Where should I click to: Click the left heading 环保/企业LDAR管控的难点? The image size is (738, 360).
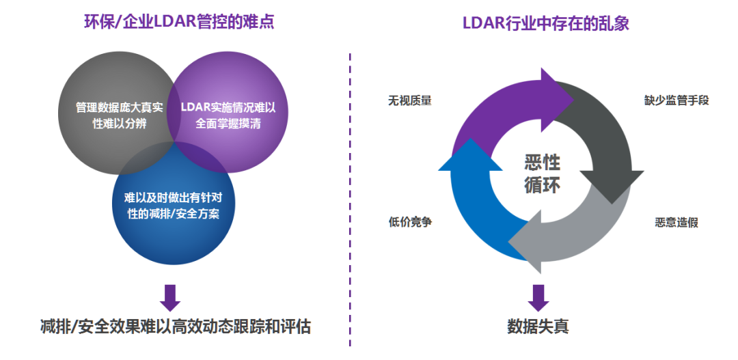178,22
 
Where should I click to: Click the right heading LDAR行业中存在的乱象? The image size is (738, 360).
545,22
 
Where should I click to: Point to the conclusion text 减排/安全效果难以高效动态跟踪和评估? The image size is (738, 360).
176,327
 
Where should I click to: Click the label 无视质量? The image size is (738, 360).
409,100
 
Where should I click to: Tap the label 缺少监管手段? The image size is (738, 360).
676,100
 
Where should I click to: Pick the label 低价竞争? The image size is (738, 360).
409,223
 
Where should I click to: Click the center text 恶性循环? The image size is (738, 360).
542,173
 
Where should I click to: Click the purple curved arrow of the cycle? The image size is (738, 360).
492,109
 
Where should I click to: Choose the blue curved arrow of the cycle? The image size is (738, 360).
471,205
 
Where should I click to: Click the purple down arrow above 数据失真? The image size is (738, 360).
538,296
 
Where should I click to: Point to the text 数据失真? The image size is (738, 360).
538,327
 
